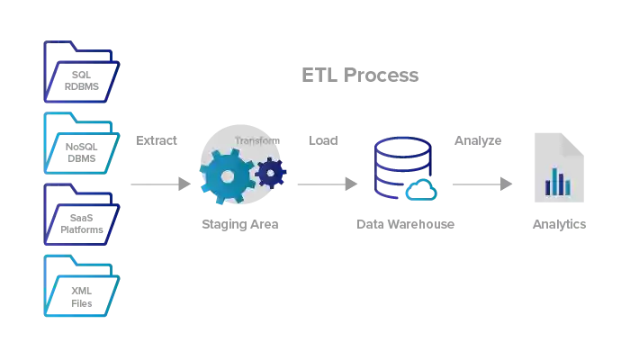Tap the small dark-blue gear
(271, 172)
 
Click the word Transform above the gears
(256, 140)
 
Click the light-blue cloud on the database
(420, 189)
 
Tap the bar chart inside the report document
(557, 183)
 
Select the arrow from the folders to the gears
(159, 184)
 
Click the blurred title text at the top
(362, 76)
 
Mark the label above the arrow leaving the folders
(158, 141)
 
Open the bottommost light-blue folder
(81, 286)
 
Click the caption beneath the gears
(239, 222)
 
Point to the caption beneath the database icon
(404, 222)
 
